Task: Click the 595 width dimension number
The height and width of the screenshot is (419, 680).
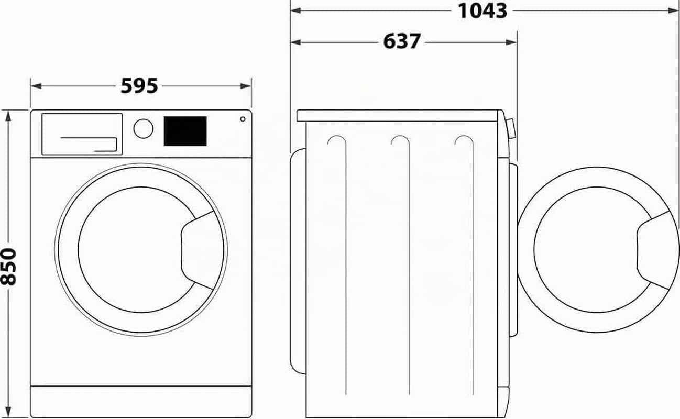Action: [139, 86]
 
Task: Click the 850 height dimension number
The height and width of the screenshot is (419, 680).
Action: [8, 267]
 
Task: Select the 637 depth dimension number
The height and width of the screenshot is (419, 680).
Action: [402, 41]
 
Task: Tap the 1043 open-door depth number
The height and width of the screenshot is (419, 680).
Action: [482, 11]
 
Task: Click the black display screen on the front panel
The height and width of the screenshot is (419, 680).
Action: [185, 131]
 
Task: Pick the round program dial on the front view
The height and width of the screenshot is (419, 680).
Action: [144, 129]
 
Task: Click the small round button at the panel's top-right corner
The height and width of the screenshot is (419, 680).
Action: [243, 119]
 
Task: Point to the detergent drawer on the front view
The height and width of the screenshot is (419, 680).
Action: [82, 134]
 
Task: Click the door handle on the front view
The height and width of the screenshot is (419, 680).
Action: [200, 250]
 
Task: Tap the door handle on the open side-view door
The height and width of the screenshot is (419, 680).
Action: [656, 250]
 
